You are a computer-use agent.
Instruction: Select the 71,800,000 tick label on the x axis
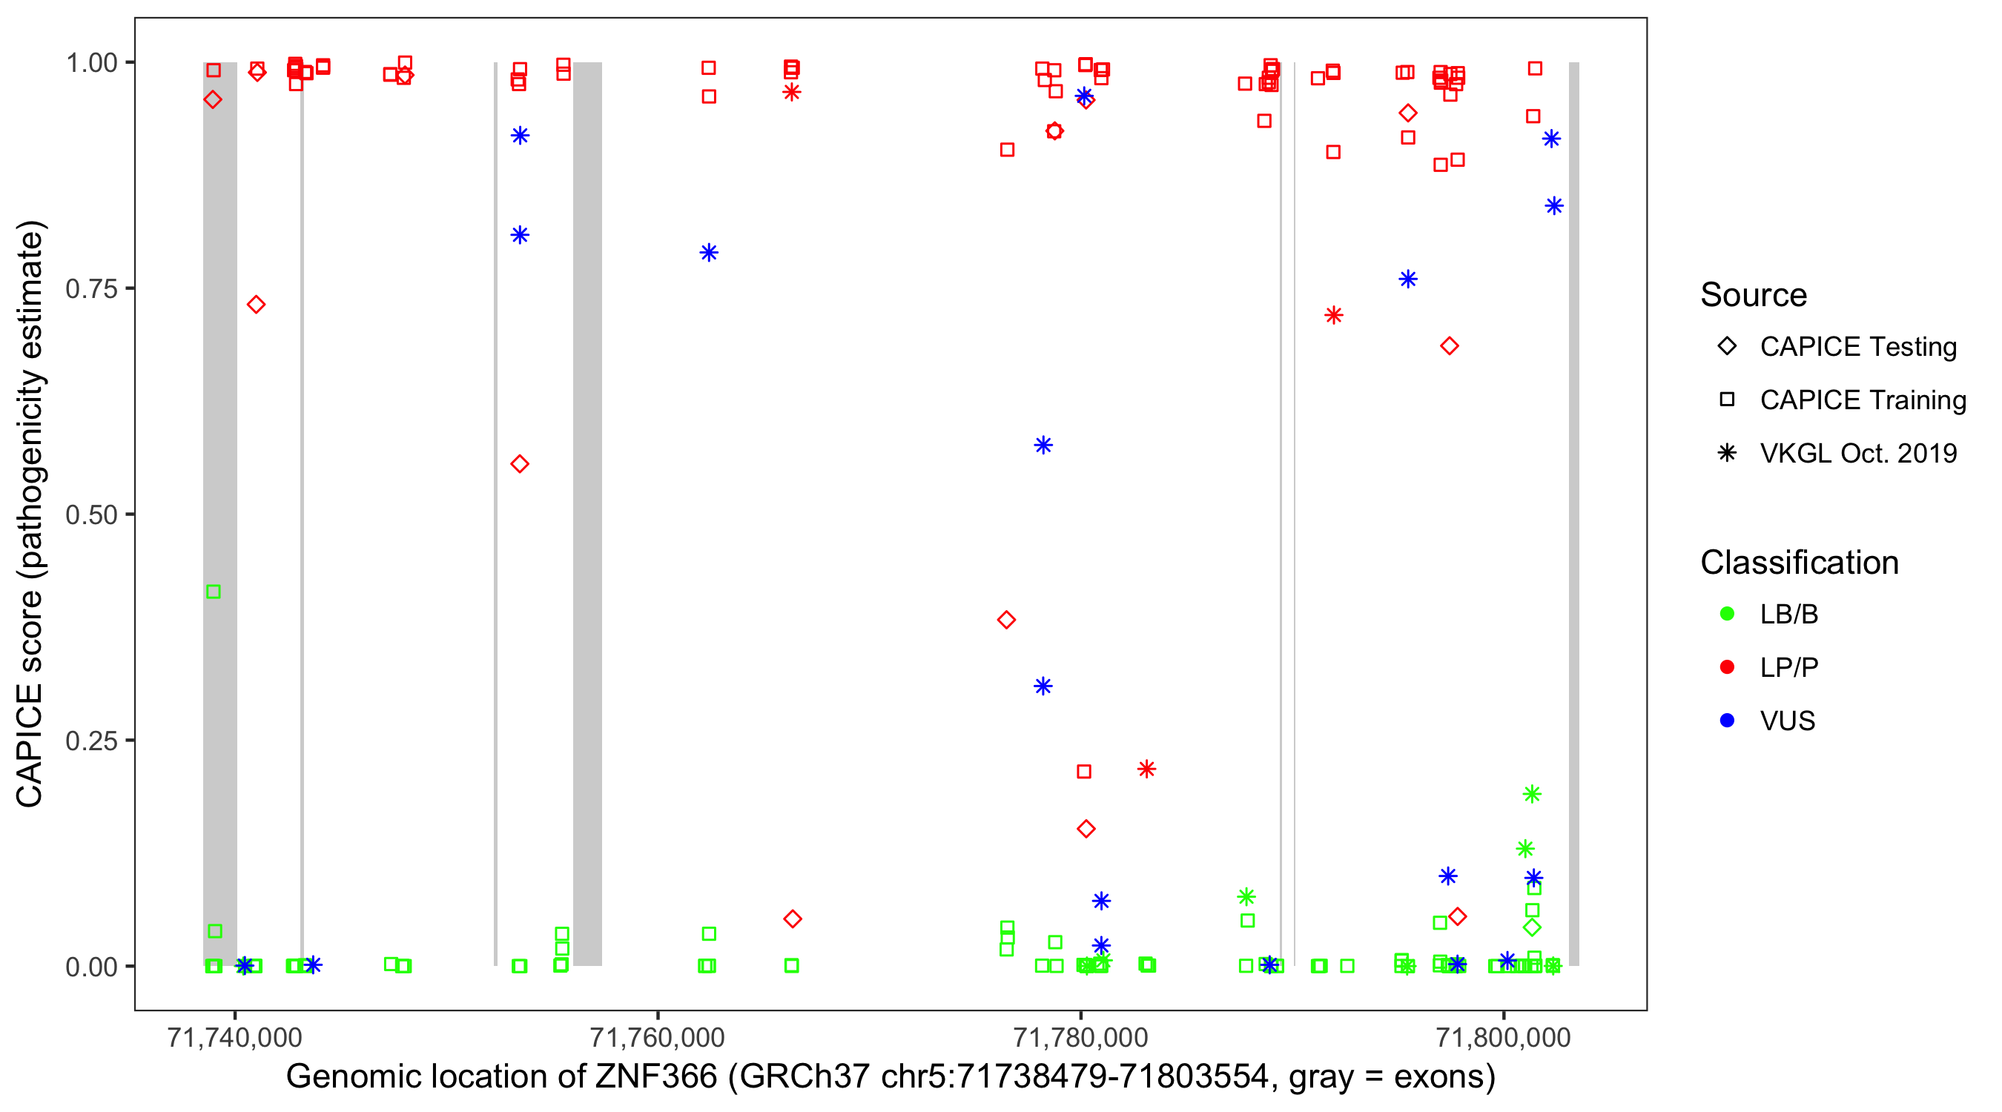pyautogui.click(x=1503, y=1037)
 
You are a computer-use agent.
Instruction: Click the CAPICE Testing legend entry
pyautogui.click(x=1857, y=347)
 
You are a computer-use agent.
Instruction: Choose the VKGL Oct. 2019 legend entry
pyautogui.click(x=1857, y=453)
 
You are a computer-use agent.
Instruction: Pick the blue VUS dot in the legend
pyautogui.click(x=1727, y=721)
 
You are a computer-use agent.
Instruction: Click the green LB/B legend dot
pyautogui.click(x=1727, y=614)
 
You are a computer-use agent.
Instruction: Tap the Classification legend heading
pyautogui.click(x=1799, y=563)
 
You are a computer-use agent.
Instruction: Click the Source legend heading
pyautogui.click(x=1754, y=295)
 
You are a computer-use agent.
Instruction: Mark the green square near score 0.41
pyautogui.click(x=214, y=592)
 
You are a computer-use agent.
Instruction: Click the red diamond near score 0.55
pyautogui.click(x=520, y=464)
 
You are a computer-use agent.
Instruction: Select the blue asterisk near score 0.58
pyautogui.click(x=1043, y=446)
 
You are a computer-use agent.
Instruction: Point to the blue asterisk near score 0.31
pyautogui.click(x=1043, y=686)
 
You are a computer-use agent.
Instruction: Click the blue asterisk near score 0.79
pyautogui.click(x=709, y=253)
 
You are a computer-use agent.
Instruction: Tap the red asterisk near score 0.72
pyautogui.click(x=1334, y=316)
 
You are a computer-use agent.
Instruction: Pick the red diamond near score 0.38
pyautogui.click(x=1006, y=620)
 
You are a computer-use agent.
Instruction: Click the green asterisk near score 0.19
pyautogui.click(x=1532, y=794)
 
